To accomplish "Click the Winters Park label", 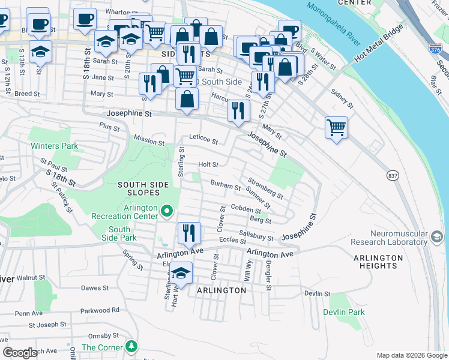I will coord(55,146).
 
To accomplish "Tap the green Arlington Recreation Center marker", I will coord(167,211).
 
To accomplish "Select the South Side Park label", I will coord(119,234).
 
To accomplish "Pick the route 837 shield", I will coord(393,175).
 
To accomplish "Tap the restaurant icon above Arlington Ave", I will coord(189,232).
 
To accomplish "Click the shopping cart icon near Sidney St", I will coord(337,127).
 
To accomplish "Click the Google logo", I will coord(20,353).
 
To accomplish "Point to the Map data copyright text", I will coord(411,355).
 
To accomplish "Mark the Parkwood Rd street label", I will coord(100,310).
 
